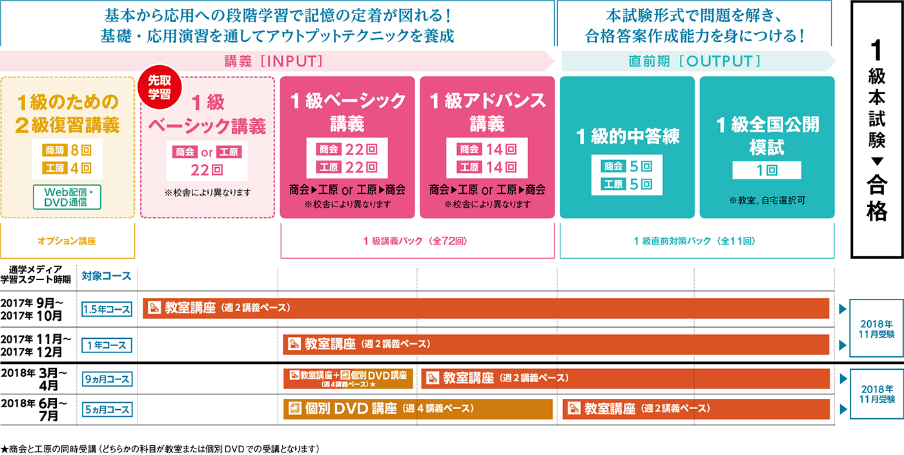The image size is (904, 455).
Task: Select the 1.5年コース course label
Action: pyautogui.click(x=107, y=309)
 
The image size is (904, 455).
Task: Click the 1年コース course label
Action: pyautogui.click(x=107, y=345)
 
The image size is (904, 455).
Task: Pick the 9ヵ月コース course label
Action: pyautogui.click(x=107, y=379)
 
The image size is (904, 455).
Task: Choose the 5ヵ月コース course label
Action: pyautogui.click(x=107, y=409)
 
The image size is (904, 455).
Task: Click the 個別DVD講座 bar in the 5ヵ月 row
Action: pyautogui.click(x=418, y=409)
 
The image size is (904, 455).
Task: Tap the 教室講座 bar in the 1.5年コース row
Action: pyautogui.click(x=486, y=308)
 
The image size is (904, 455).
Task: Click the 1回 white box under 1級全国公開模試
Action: pyautogui.click(x=766, y=170)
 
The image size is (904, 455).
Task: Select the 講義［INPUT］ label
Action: pyautogui.click(x=273, y=61)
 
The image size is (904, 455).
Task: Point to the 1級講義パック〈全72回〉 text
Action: pyautogui.click(x=416, y=241)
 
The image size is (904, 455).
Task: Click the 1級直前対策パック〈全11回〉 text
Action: pyautogui.click(x=696, y=241)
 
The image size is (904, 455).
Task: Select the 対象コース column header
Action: pyautogui.click(x=107, y=276)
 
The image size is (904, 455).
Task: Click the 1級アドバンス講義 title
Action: pyautogui.click(x=487, y=112)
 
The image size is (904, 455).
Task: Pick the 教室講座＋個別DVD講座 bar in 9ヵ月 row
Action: pyautogui.click(x=348, y=379)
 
